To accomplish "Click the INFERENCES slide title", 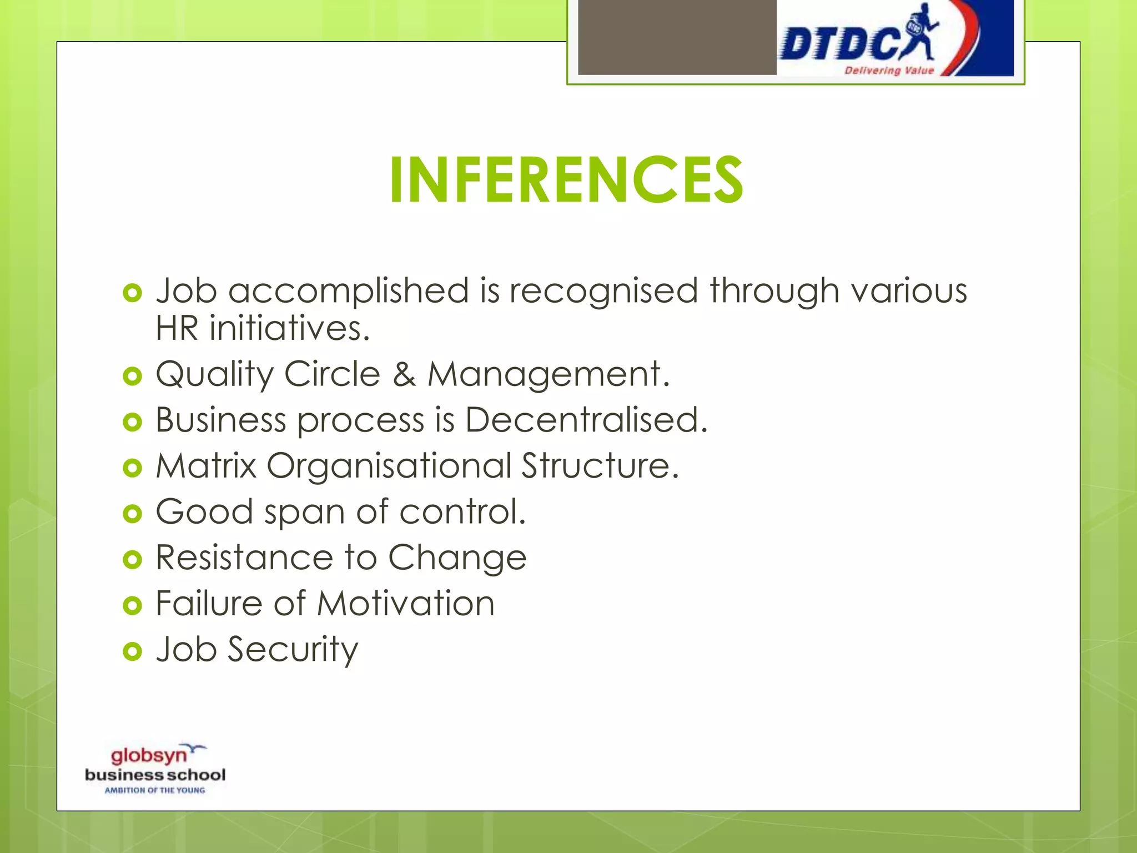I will click(566, 180).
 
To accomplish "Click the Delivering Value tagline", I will click(889, 71).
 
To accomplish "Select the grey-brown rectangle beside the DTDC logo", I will click(677, 37).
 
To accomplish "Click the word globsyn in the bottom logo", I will click(149, 756).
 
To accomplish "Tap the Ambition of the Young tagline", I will click(155, 790).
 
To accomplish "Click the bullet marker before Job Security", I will click(133, 651).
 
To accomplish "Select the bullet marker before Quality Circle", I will click(133, 377).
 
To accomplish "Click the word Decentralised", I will click(586, 420).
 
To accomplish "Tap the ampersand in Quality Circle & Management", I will click(404, 374).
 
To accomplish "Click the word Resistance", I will click(244, 558).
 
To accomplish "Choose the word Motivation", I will click(406, 604).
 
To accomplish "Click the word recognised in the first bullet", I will click(603, 292).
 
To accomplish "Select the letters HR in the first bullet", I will click(177, 328).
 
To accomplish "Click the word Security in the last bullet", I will click(293, 650).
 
